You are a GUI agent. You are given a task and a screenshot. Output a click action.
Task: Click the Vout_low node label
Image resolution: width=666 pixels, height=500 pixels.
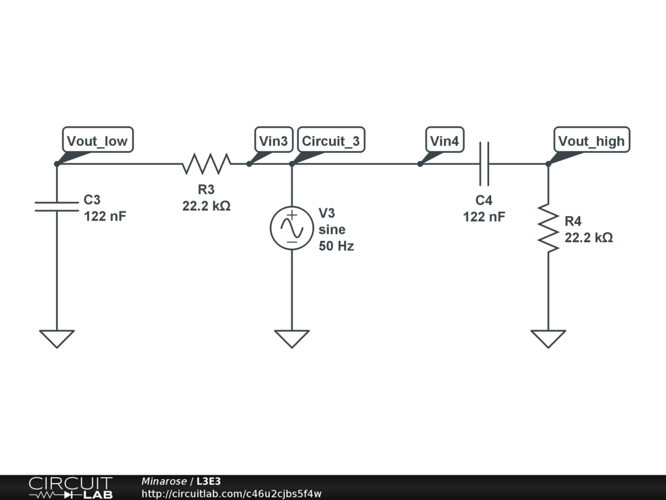tap(98, 140)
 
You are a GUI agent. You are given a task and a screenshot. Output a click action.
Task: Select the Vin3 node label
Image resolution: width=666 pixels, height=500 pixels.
tap(273, 140)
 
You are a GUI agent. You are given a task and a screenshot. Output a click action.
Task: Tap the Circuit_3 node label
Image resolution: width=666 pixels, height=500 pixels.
tap(330, 140)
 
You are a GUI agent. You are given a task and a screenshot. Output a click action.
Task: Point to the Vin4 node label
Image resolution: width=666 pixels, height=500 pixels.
tap(444, 140)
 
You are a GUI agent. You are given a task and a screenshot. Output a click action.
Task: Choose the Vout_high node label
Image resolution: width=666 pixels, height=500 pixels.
tap(591, 140)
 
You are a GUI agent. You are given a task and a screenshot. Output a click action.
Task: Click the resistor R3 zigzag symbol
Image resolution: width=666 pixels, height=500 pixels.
tap(206, 164)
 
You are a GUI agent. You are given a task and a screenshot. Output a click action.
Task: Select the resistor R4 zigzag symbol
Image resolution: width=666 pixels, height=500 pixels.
tap(548, 229)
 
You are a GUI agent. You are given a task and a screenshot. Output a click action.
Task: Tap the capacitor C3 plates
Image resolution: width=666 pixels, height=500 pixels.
tap(57, 206)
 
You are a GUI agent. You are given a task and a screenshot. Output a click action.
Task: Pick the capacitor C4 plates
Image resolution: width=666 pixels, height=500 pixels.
tap(483, 164)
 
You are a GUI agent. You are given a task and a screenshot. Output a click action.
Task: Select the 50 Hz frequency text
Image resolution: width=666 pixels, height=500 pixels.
tap(336, 246)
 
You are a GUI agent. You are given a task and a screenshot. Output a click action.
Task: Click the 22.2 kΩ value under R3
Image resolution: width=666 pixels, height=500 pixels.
tap(206, 206)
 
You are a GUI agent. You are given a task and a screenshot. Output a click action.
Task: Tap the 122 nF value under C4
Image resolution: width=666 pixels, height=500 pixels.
tap(484, 217)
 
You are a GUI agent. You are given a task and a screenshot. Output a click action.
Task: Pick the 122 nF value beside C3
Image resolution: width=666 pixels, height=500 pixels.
tap(105, 216)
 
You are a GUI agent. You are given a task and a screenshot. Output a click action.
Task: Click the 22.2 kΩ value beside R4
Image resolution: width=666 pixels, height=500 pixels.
tap(589, 238)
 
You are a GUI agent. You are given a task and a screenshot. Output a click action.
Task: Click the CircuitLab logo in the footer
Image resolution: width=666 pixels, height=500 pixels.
tap(70, 488)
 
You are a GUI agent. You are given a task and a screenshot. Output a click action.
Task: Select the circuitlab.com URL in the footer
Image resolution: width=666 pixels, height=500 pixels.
tap(232, 494)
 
